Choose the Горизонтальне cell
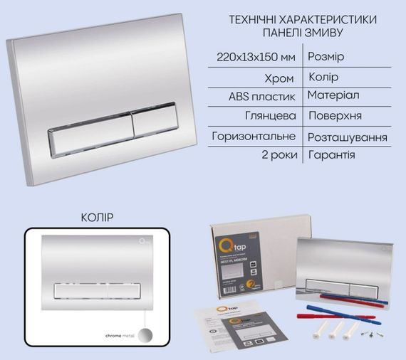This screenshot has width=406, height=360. coord(256,135)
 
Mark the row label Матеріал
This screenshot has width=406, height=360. coord(334,95)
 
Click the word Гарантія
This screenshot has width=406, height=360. coord(332,154)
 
